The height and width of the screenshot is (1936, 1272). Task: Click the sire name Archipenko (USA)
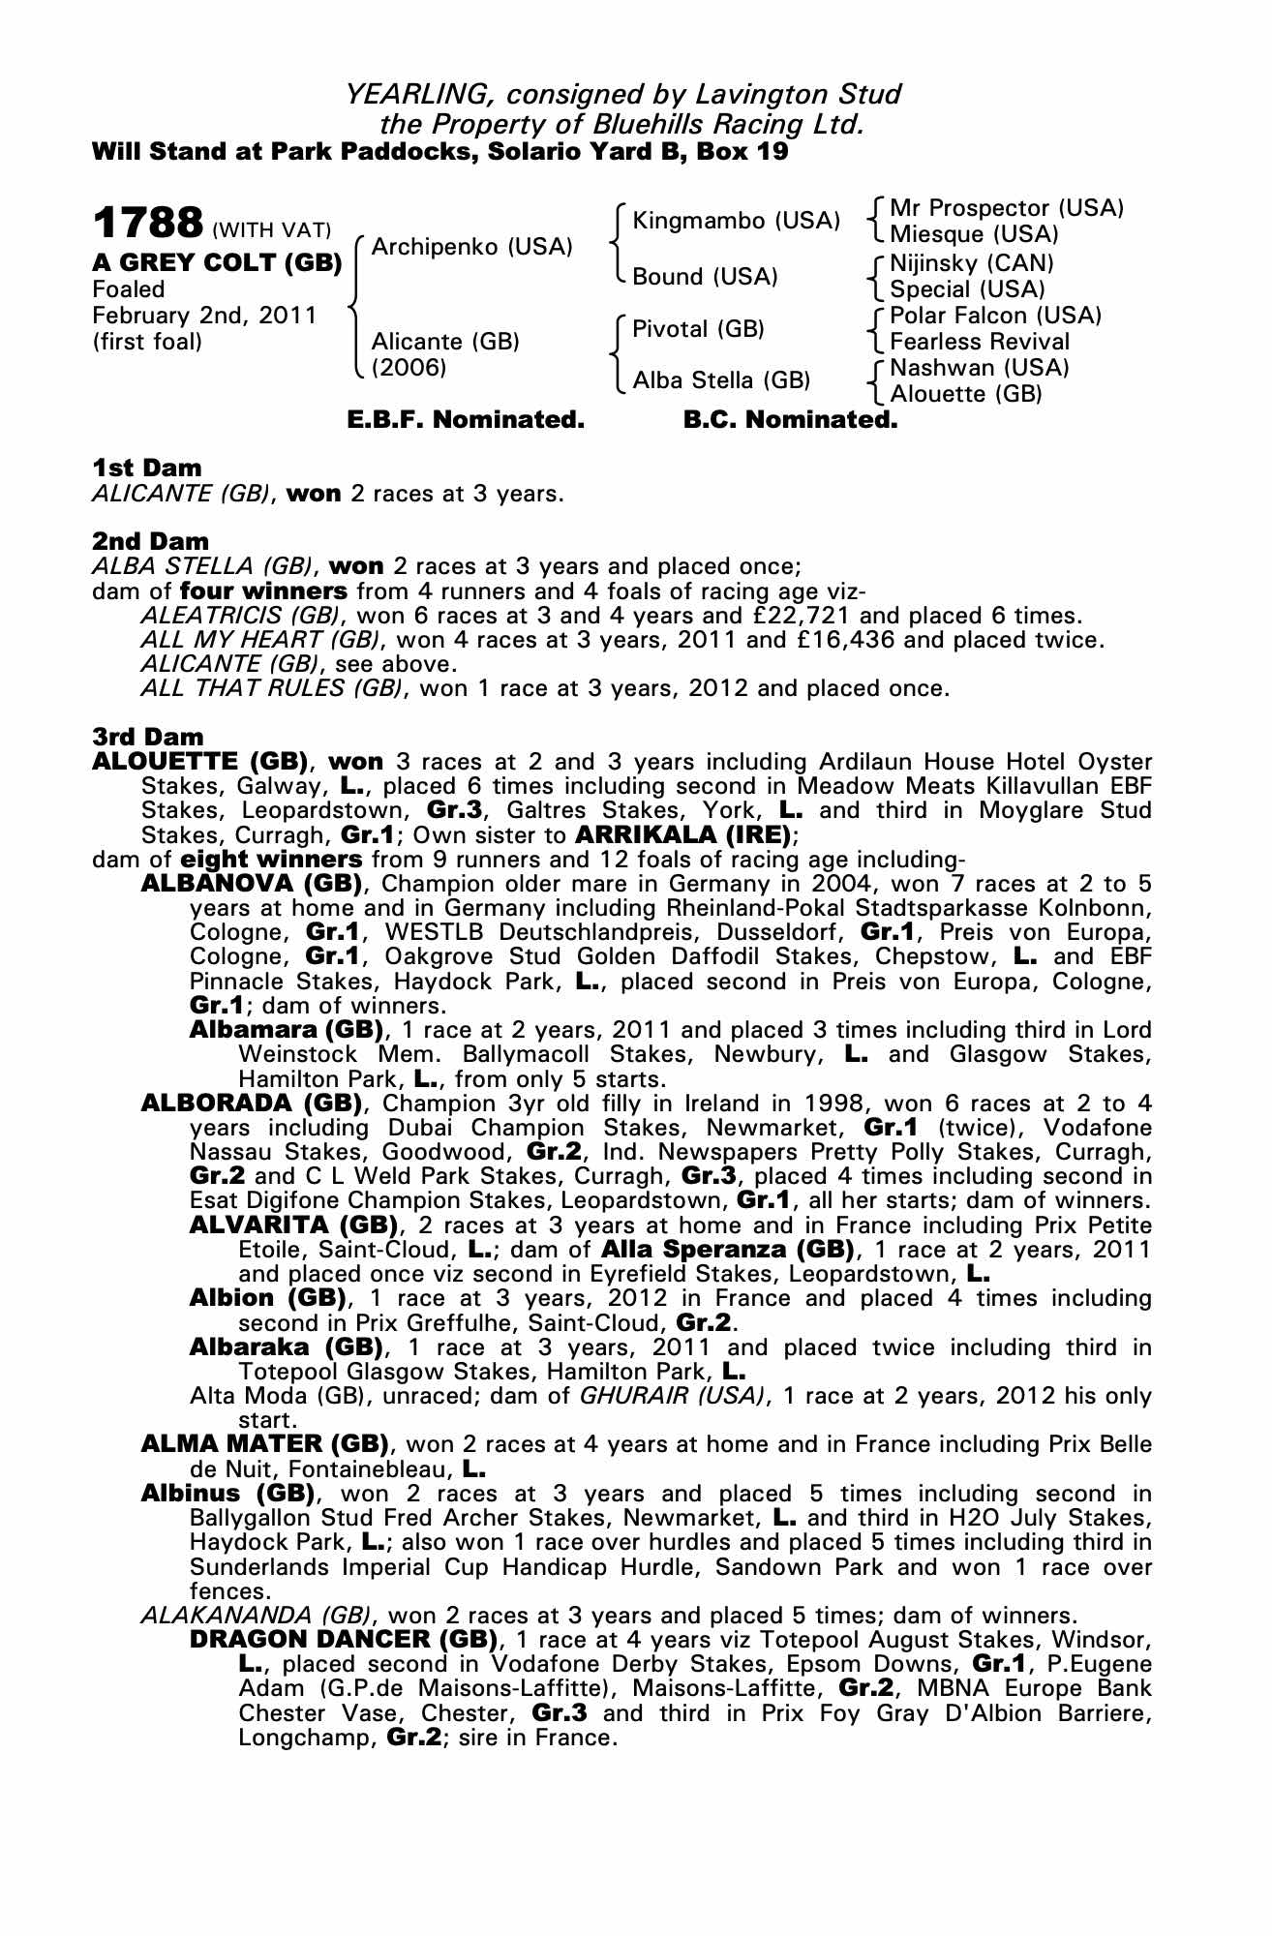tap(471, 247)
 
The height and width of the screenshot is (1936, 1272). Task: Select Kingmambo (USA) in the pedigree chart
tap(735, 221)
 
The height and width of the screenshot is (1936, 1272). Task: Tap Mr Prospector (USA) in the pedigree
tap(1006, 208)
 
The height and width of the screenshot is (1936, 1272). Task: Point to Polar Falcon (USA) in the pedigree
tap(995, 316)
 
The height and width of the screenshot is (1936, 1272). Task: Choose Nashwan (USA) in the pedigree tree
tap(979, 368)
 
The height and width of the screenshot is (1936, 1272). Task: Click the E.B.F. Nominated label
tap(466, 420)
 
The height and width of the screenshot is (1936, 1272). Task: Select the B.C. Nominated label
tap(790, 420)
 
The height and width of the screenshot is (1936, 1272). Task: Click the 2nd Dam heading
tap(150, 541)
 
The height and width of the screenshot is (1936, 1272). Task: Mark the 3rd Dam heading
tap(148, 738)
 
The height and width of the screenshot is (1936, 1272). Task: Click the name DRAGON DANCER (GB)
tap(344, 1640)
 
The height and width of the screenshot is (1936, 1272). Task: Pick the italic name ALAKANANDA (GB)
tap(256, 1616)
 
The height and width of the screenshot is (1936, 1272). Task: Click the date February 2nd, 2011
tap(204, 316)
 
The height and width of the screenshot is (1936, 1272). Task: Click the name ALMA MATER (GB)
tap(264, 1444)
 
